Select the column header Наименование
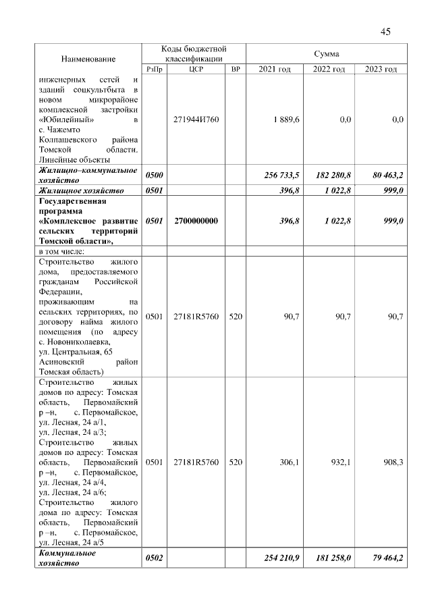88,59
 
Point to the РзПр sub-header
155,70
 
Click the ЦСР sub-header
196,70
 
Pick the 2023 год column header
381,70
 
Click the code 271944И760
196,119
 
